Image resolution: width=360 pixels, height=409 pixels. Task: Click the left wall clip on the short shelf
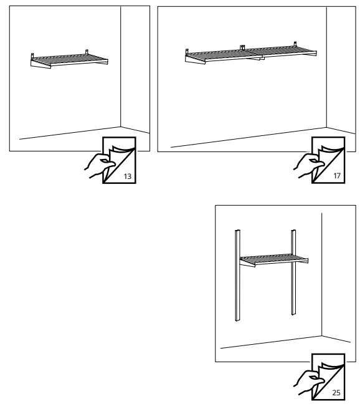point(32,54)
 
